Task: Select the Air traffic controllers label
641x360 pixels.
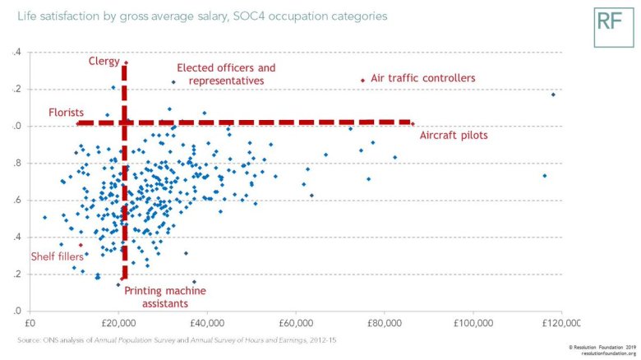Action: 423,78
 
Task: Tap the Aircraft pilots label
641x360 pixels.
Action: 454,135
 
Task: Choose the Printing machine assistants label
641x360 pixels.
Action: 166,296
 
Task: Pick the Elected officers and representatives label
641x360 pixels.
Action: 226,74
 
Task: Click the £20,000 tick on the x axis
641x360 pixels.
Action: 118,325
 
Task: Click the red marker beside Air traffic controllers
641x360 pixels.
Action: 362,80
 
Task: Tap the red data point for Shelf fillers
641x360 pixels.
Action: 81,245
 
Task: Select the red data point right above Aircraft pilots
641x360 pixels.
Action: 413,124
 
